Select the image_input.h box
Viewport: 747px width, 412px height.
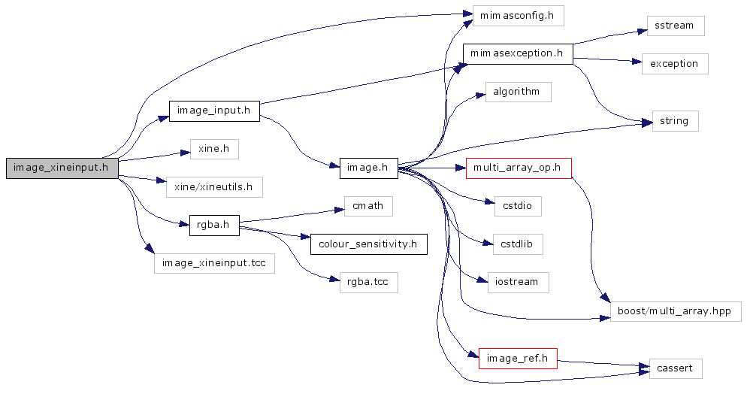coord(214,111)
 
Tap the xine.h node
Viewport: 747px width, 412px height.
coord(214,149)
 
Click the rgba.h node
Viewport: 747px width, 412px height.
coord(214,224)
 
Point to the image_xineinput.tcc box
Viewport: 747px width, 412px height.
coord(214,263)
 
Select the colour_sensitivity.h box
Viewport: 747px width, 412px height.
coord(368,244)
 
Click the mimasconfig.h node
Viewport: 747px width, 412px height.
coord(518,16)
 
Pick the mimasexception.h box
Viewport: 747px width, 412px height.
coord(518,53)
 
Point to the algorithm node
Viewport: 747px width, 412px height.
coord(518,92)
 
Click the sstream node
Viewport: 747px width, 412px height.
coord(675,26)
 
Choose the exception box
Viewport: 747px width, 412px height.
coord(675,64)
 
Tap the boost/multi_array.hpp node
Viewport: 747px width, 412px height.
coord(675,311)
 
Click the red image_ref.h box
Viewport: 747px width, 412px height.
coord(518,359)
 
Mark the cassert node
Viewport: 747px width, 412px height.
coord(675,368)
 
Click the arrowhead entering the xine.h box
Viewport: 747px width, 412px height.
coord(185,152)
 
